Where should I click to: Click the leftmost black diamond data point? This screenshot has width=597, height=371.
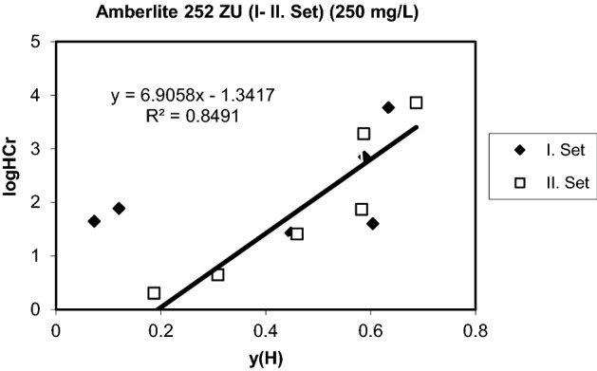pos(94,221)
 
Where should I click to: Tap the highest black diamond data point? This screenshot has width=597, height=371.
pos(388,107)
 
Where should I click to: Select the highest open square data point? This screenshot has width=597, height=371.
pos(416,102)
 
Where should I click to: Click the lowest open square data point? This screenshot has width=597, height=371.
pos(154,293)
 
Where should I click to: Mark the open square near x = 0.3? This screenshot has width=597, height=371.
pos(217,274)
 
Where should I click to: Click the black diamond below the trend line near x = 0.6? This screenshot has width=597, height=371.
pos(373,224)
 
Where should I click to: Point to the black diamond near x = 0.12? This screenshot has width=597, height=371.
pos(119,208)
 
